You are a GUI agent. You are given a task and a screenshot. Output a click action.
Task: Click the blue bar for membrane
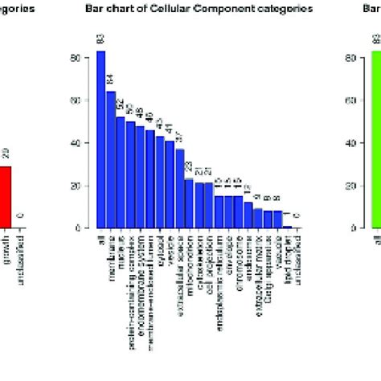(x=111, y=160)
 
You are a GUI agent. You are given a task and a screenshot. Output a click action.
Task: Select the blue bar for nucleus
(x=121, y=173)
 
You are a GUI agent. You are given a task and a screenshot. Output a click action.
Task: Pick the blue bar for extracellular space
(x=180, y=189)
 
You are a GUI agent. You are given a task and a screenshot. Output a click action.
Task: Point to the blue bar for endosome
(x=258, y=219)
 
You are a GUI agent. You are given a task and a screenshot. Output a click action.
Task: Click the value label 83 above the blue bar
(x=101, y=40)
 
